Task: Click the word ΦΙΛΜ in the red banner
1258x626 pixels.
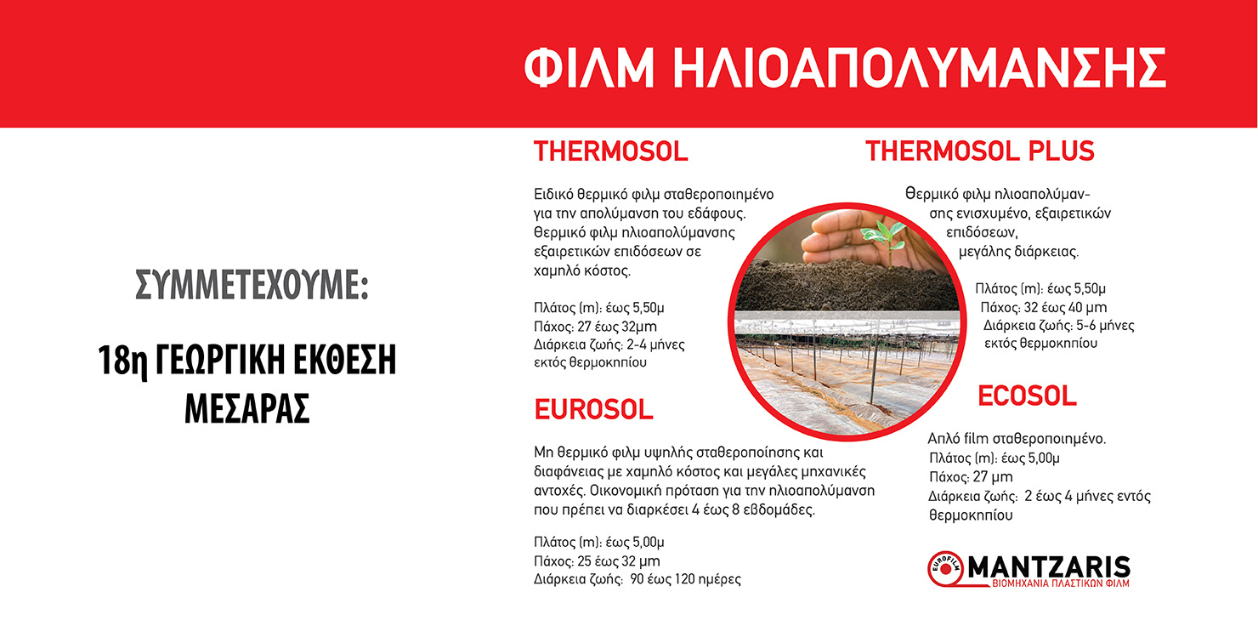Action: click(589, 67)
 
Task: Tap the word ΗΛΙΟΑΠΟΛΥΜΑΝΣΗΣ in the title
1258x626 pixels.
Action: click(920, 67)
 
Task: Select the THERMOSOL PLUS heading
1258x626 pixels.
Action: click(980, 151)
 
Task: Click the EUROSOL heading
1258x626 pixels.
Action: click(593, 409)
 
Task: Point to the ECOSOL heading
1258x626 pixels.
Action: click(1027, 396)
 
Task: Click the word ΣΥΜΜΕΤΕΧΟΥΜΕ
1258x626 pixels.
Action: click(252, 285)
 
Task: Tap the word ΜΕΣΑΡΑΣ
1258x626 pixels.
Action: click(247, 408)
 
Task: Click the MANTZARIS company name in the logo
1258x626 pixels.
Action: click(1049, 566)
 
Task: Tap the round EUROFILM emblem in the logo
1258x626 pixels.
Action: click(946, 569)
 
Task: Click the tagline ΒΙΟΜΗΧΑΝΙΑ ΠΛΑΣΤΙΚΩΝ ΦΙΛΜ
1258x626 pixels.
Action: click(1060, 583)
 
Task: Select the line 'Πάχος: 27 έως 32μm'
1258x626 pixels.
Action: click(595, 327)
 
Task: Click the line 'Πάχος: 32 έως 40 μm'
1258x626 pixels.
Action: click(1044, 307)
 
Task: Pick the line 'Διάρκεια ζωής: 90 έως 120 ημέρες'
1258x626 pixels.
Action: click(637, 579)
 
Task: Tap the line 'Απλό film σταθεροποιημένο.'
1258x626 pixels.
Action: click(1017, 438)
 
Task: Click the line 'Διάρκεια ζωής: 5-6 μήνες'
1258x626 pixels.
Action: click(1058, 326)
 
